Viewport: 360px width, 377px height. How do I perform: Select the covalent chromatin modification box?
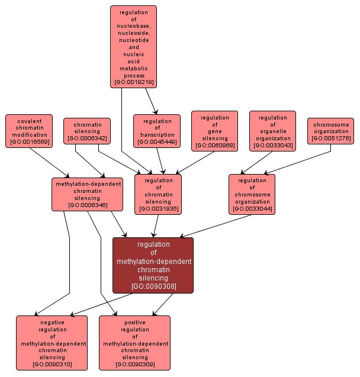coord(29,131)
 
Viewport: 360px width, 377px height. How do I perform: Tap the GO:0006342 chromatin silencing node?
coord(87,131)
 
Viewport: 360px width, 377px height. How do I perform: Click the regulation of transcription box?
coord(157,131)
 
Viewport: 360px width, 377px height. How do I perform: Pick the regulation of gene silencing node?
coord(214,131)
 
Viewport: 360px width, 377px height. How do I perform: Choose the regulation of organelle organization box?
coord(272,131)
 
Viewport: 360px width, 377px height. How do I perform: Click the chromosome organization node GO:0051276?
coord(330,131)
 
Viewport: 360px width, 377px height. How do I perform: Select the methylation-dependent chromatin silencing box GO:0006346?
coord(88,194)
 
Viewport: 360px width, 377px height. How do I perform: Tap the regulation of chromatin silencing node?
coord(158,194)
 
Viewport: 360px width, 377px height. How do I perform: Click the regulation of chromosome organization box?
coord(252,194)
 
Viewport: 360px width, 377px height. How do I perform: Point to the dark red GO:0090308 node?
coord(153,265)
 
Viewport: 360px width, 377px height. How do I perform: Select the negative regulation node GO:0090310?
coord(52,343)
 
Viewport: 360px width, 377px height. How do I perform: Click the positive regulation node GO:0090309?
coord(134,343)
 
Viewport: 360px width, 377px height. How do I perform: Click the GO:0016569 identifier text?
coord(29,143)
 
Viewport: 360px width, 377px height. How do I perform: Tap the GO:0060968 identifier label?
coord(214,146)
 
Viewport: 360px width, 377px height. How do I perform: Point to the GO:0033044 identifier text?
coord(252,208)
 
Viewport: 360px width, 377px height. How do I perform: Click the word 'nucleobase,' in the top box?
coord(133,26)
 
